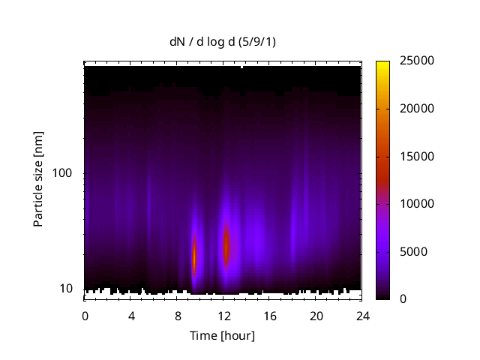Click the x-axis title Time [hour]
pyautogui.click(x=222, y=335)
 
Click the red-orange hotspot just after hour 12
pyautogui.click(x=226, y=246)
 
